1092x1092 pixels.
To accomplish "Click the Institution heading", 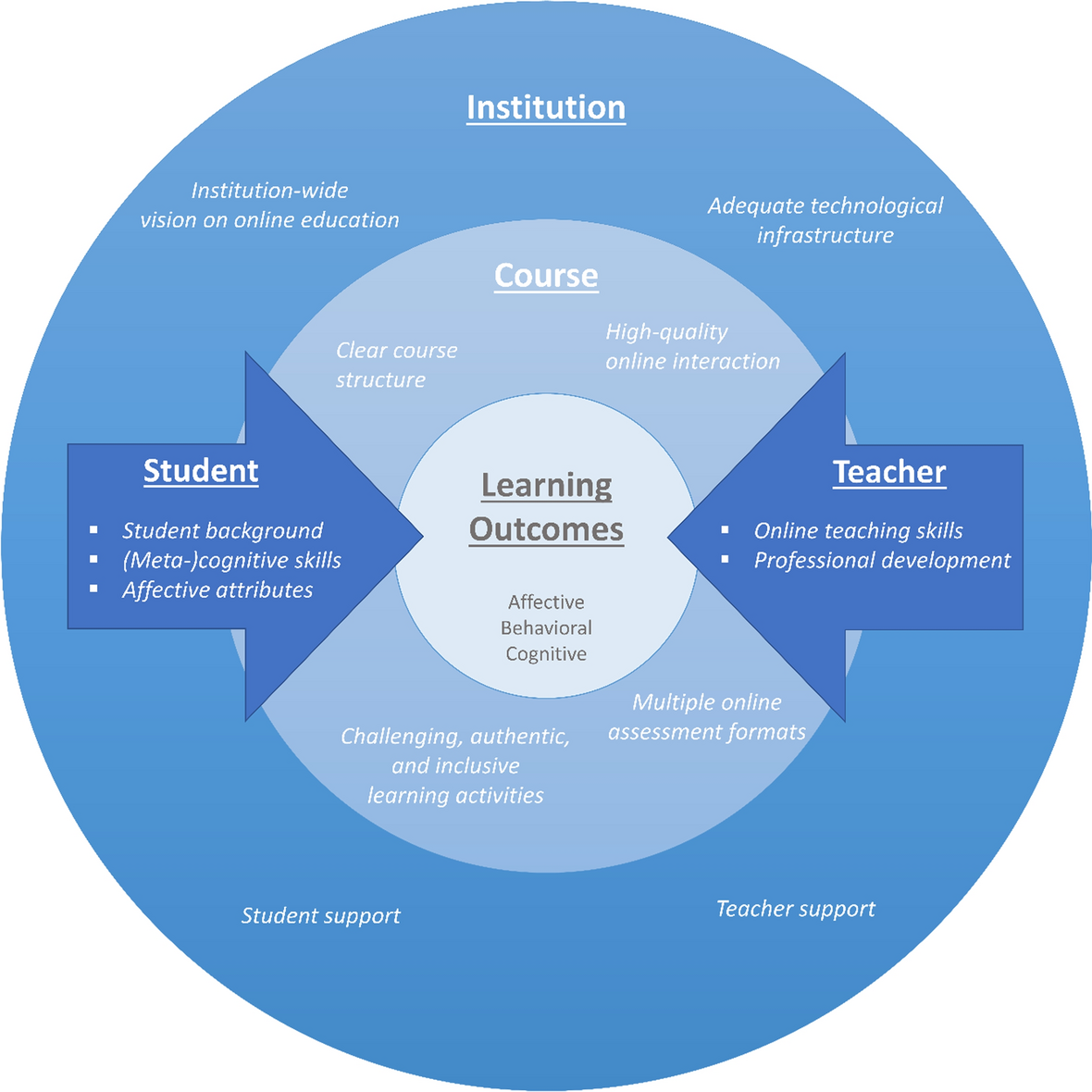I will pos(546,107).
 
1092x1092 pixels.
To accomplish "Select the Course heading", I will pos(546,276).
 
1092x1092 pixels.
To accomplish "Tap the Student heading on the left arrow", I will pos(201,471).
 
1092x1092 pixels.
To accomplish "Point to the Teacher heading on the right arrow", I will pos(889,472).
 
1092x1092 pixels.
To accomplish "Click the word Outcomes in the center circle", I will pos(546,529).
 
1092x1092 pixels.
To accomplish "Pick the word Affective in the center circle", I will pos(546,602).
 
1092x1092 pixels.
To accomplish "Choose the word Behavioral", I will pos(546,627).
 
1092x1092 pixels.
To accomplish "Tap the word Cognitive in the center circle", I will pos(546,653).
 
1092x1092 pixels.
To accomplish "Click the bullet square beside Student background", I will pos(93,530).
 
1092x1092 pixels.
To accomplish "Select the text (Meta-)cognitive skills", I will pos(231,560).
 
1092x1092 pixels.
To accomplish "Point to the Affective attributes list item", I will pos(217,589).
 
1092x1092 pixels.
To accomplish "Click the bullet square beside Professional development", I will pos(725,560).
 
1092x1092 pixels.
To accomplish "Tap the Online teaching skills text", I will pos(858,530).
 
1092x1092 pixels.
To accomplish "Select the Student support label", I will pos(320,915).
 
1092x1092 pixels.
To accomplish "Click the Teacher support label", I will pos(795,909).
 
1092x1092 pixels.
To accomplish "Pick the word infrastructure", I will pos(825,235).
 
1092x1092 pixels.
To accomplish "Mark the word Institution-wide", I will pos(269,191).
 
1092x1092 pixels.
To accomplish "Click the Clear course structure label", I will pos(396,365).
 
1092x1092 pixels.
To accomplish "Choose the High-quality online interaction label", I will pos(692,346).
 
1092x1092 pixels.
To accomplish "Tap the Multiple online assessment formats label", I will pos(707,717).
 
